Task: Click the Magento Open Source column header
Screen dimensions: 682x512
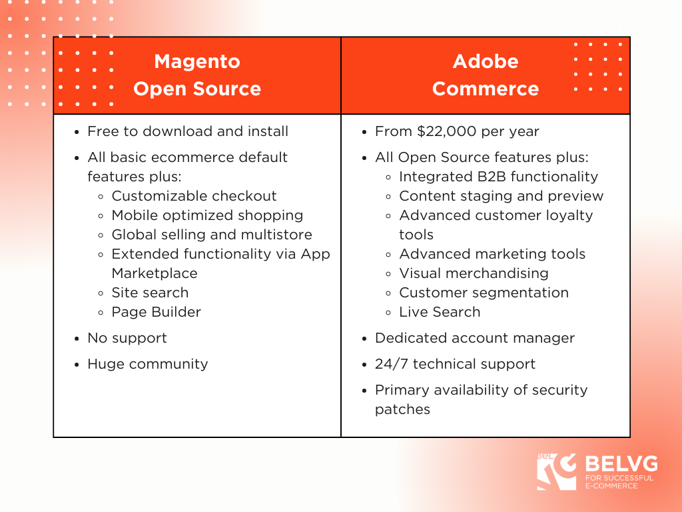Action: pos(197,75)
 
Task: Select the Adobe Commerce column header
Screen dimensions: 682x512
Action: pos(486,75)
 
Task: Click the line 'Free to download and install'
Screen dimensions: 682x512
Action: pos(188,131)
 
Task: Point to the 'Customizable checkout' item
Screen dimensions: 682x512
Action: pos(194,196)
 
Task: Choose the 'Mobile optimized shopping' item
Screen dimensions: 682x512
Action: pos(208,215)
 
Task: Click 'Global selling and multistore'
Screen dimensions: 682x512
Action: pos(212,235)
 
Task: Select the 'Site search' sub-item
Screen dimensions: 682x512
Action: pos(150,293)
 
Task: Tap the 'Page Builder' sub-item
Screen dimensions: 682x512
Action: pos(156,312)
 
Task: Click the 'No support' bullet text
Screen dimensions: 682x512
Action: pos(127,338)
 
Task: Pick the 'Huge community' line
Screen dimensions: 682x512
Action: pos(148,364)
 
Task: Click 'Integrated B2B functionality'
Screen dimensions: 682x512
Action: pos(498,177)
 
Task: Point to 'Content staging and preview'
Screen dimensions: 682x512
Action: pos(502,196)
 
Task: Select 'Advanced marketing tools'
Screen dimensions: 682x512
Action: pos(492,254)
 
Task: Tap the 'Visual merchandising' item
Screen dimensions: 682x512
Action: pos(474,273)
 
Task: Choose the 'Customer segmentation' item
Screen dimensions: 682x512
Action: pos(484,293)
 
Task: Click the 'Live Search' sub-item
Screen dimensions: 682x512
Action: pos(440,312)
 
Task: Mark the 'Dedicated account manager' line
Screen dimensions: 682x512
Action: pos(475,338)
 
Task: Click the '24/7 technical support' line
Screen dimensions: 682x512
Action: pos(455,364)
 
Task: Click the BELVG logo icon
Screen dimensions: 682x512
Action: pos(557,472)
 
